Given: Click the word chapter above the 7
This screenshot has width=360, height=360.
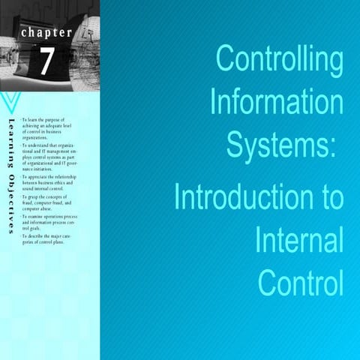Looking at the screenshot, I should [x=46, y=33].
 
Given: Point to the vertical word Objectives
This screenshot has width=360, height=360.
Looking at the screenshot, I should [x=10, y=198].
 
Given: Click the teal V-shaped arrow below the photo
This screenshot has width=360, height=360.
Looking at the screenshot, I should [x=10, y=102].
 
